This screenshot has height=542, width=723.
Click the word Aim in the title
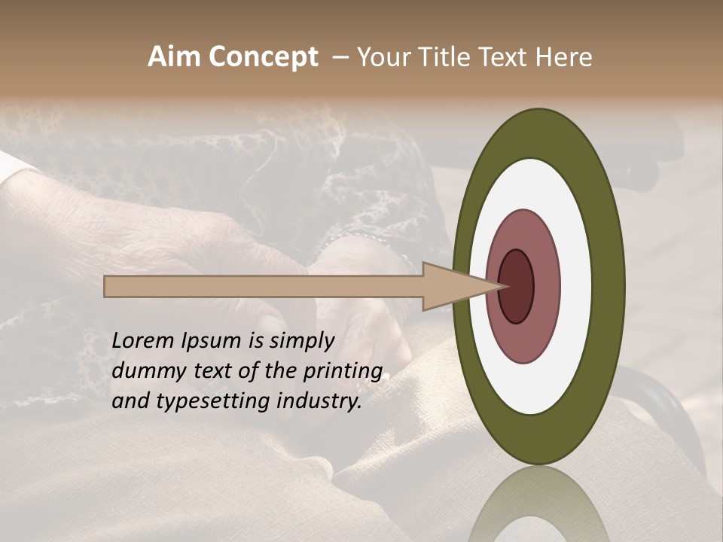(x=174, y=57)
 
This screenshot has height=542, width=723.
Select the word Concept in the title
(x=263, y=57)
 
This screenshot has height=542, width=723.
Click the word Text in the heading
(x=505, y=57)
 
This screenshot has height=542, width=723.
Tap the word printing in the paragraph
(x=343, y=371)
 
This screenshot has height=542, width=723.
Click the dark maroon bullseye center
(x=517, y=286)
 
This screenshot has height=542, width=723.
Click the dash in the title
(x=340, y=57)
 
